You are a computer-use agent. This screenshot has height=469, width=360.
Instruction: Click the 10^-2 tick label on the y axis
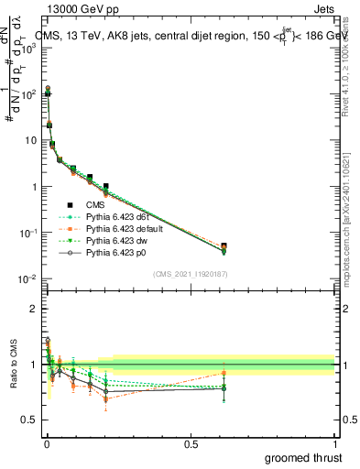point(27,278)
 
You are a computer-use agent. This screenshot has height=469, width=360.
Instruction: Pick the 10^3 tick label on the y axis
point(27,48)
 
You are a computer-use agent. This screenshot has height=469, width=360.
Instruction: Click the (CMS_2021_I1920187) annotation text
point(190,274)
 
